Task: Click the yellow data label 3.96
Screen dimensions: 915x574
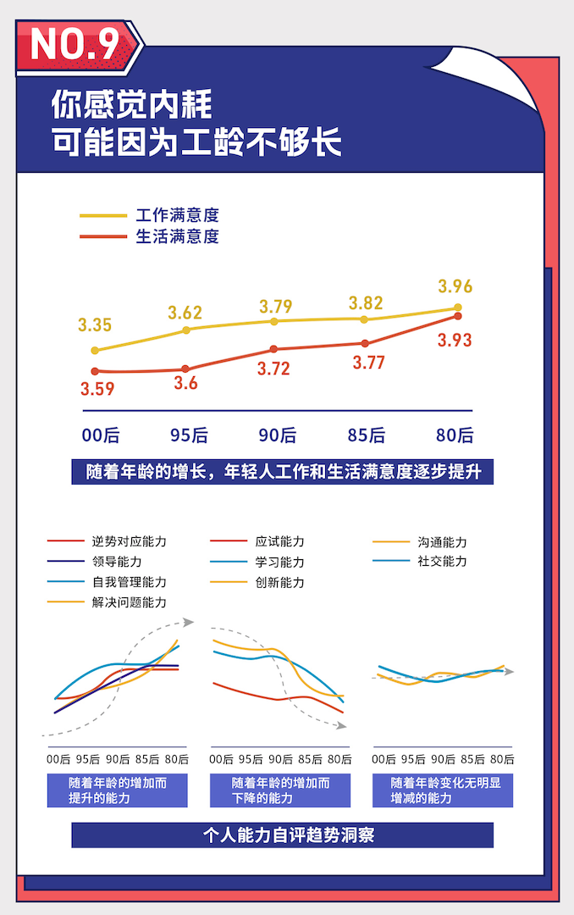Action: [x=455, y=286]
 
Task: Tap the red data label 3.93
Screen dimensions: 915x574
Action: [x=455, y=341]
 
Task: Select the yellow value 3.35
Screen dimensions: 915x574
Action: [x=95, y=325]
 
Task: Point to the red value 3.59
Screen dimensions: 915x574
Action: [x=97, y=390]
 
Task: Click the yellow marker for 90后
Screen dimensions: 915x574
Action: [x=273, y=321]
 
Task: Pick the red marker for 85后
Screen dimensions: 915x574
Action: [x=365, y=344]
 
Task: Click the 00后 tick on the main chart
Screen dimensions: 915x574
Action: [x=101, y=435]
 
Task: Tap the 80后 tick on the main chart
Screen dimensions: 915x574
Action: [x=455, y=435]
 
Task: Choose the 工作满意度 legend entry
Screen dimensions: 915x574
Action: [x=177, y=216]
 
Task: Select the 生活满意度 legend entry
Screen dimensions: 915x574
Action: [x=177, y=237]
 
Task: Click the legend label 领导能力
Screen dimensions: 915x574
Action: [x=117, y=562]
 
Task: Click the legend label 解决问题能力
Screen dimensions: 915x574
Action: [x=129, y=602]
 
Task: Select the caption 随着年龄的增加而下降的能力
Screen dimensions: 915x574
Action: [x=280, y=790]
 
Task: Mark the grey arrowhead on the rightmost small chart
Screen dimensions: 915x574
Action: [x=510, y=672]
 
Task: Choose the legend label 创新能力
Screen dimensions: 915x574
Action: [x=279, y=583]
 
